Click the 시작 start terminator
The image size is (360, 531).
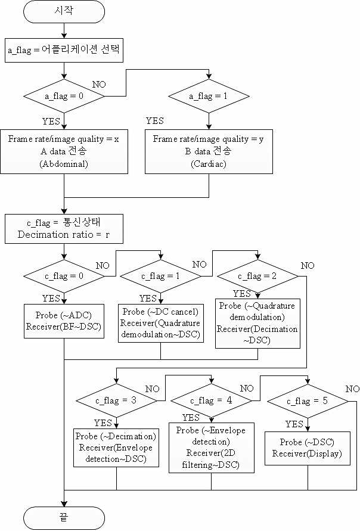pos(64,11)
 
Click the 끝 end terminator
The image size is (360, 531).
pos(64,518)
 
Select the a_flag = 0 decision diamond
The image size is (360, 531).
pos(64,96)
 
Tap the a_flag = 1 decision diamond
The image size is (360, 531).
pos(209,96)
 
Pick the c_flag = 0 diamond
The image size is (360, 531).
pos(64,277)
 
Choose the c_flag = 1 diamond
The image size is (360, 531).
pos(160,277)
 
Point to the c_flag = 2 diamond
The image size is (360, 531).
pos(257,277)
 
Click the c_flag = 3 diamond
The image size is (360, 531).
pos(116,400)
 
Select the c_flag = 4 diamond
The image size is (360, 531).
pos(212,400)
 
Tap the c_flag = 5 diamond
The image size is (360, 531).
pos(308,401)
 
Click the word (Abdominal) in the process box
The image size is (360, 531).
pos(64,164)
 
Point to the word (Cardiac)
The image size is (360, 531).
pos(209,164)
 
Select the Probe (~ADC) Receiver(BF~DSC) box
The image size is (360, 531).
pos(64,321)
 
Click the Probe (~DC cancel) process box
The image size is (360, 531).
pos(160,323)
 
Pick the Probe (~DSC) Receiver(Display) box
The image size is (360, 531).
pos(308,448)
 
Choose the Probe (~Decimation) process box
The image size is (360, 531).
pos(116,448)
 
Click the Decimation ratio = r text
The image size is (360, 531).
pos(64,235)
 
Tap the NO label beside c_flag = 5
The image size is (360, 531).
pos(352,389)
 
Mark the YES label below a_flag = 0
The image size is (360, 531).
pos(51,121)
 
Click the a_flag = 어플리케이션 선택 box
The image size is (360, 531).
pos(64,51)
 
